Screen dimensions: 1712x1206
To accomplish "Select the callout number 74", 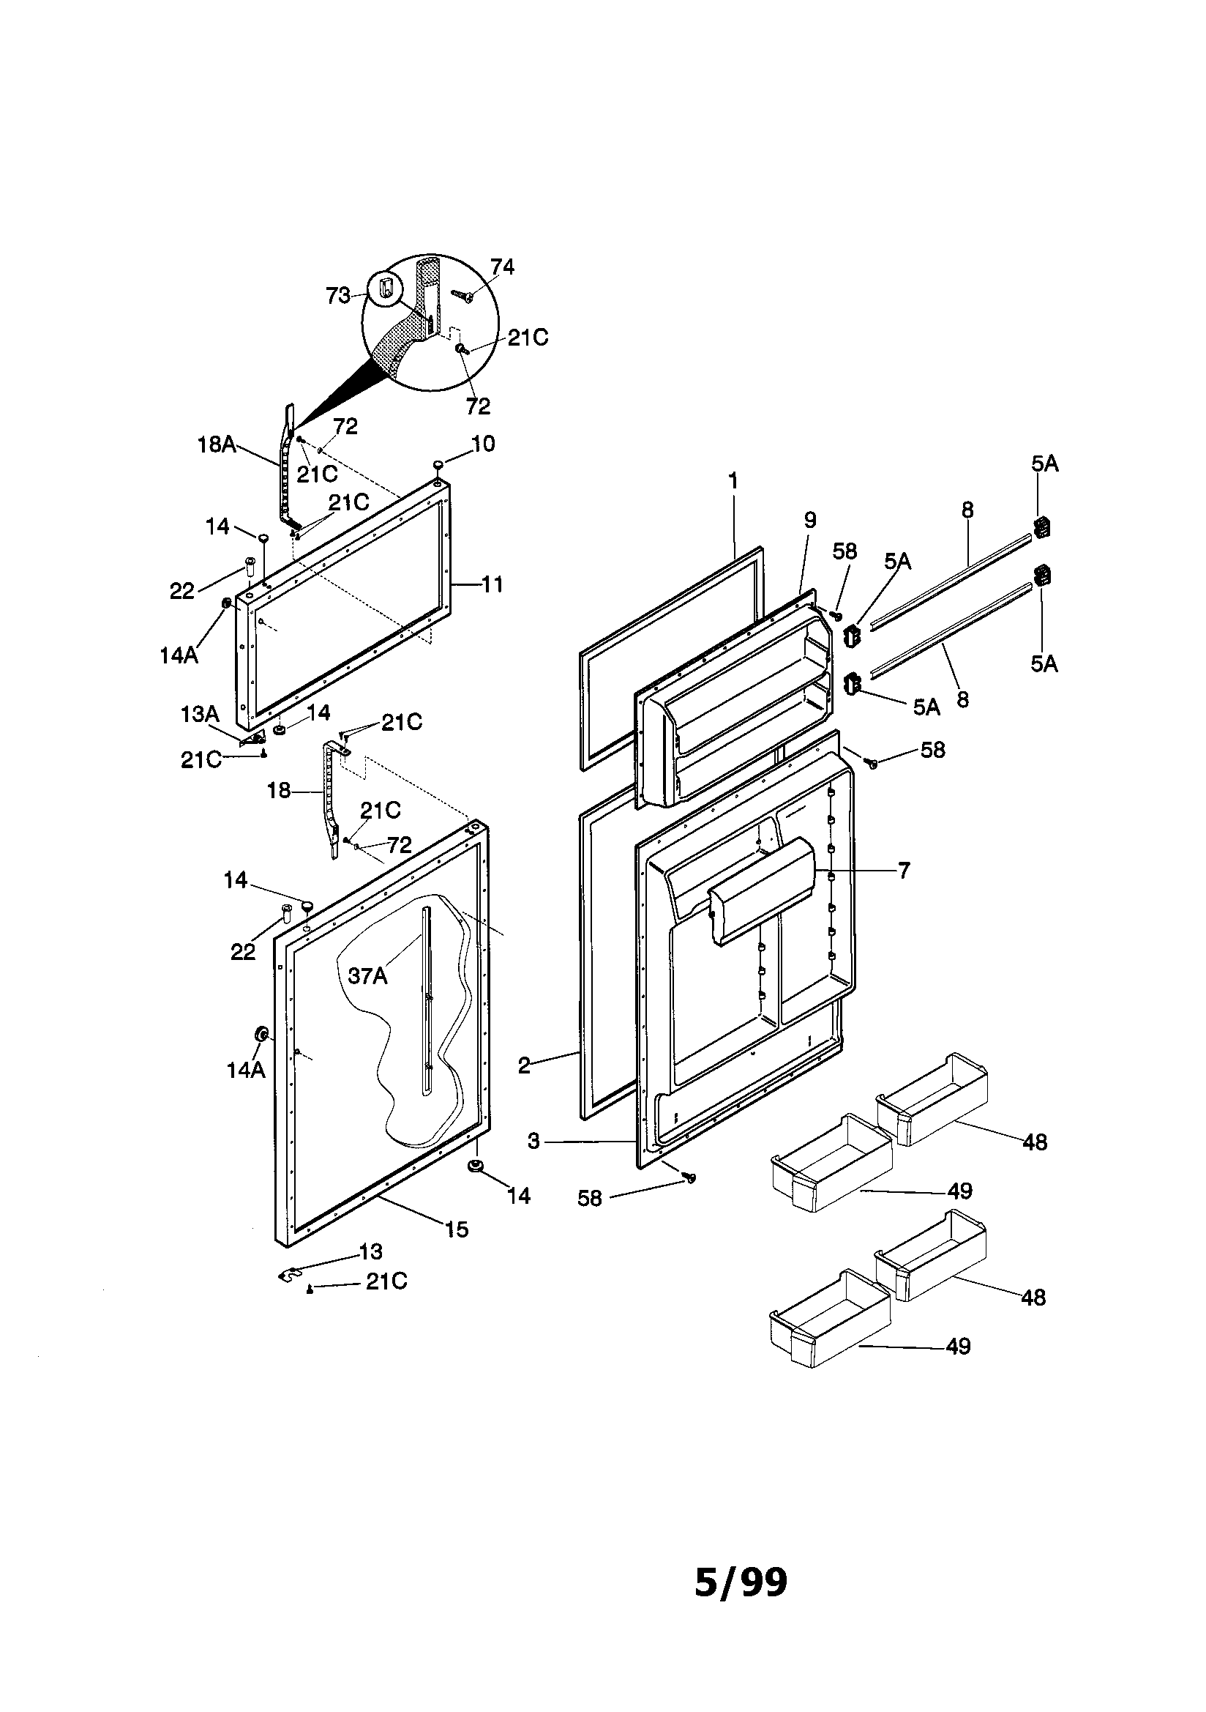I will pyautogui.click(x=502, y=267).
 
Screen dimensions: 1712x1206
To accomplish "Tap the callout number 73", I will pyautogui.click(x=337, y=296).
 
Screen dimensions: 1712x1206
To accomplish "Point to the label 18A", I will pyautogui.click(x=216, y=445).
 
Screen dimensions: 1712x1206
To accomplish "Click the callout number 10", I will pyautogui.click(x=483, y=444).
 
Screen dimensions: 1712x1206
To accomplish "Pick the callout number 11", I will pyautogui.click(x=492, y=584).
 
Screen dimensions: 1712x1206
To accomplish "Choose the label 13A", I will pyautogui.click(x=199, y=715).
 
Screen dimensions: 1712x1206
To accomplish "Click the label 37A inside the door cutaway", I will pyautogui.click(x=367, y=975).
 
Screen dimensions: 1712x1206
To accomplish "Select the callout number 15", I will pyautogui.click(x=457, y=1229).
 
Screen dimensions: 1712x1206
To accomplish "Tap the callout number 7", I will pyautogui.click(x=903, y=870).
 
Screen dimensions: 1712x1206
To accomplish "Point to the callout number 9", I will pyautogui.click(x=810, y=520).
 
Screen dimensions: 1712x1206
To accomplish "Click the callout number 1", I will pyautogui.click(x=733, y=481).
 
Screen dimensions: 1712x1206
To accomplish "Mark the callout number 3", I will pyautogui.click(x=533, y=1142).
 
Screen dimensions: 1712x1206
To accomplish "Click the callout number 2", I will pyautogui.click(x=524, y=1065).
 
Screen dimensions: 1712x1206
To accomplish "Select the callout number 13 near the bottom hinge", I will pyautogui.click(x=370, y=1251).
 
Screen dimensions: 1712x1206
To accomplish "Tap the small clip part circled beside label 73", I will pyautogui.click(x=385, y=287).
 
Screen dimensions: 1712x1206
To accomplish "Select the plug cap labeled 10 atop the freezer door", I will pyautogui.click(x=438, y=465).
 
